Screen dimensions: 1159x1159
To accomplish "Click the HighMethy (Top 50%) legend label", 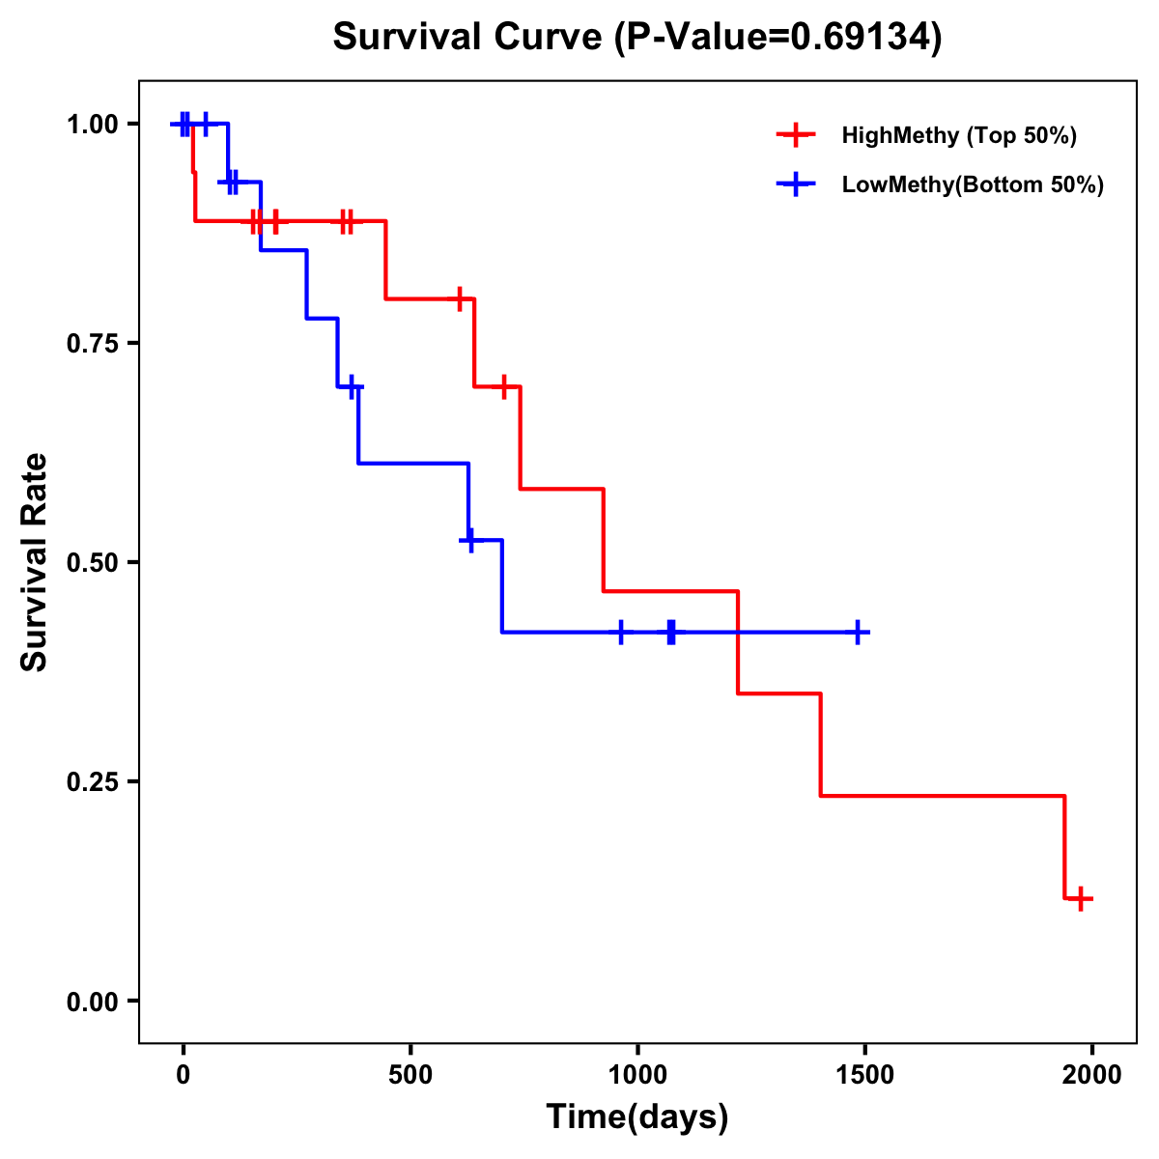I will pos(959,135).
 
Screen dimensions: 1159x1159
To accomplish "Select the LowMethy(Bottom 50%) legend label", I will pos(973,184).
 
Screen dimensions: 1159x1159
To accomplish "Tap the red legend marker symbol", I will pos(796,135).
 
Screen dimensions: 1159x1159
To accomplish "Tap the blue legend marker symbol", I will pos(796,184).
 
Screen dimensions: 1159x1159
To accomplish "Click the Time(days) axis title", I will pos(637,1117).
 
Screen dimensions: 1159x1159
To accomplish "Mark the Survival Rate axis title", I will pos(35,562).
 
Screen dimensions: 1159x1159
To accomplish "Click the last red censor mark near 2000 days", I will pos(1082,899).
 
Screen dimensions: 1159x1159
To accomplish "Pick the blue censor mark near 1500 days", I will pos(857,632).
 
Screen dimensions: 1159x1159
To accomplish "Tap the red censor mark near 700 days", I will pos(503,386).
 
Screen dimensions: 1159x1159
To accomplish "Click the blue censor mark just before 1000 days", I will pos(621,632).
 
